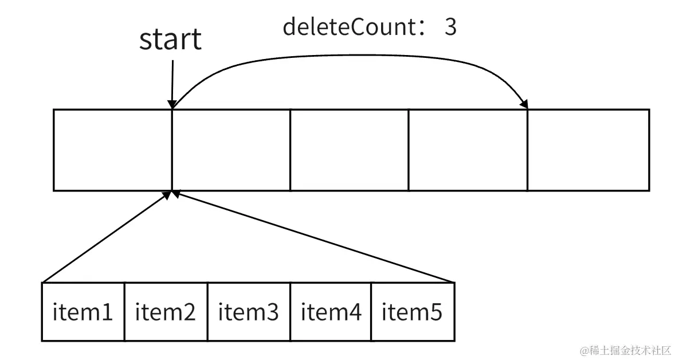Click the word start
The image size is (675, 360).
(170, 39)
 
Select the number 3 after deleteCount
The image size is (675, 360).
(450, 26)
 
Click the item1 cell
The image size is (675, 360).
(83, 312)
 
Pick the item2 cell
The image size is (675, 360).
(166, 312)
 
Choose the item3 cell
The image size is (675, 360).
(248, 312)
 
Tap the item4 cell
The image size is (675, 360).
(331, 312)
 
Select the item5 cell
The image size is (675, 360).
(412, 312)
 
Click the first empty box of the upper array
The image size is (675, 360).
(112, 150)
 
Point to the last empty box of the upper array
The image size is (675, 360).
(588, 150)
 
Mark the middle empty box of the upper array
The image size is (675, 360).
(349, 150)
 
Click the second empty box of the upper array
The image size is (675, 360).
(231, 150)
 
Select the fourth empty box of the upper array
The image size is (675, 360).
(468, 150)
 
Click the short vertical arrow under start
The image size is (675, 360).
(171, 83)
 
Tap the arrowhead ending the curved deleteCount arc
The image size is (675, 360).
(523, 103)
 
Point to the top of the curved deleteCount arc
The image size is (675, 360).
(350, 55)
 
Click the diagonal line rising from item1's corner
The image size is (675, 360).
(106, 237)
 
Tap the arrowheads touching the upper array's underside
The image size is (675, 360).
(172, 195)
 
